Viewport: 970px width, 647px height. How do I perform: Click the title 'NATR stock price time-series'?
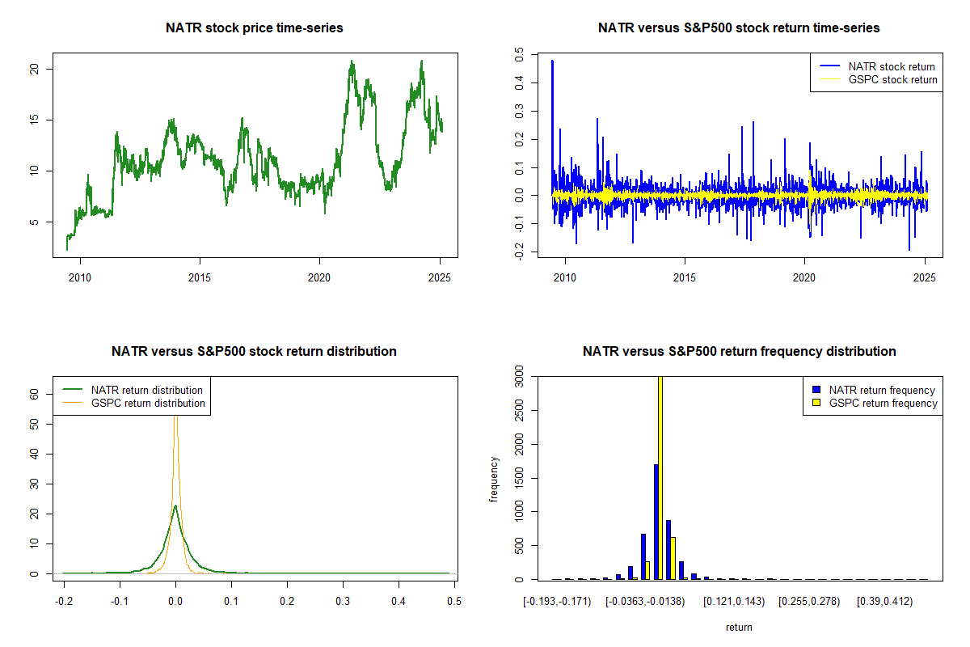click(x=254, y=28)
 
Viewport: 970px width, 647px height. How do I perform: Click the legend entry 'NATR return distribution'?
click(x=146, y=390)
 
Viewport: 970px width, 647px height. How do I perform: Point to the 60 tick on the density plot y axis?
click(x=35, y=394)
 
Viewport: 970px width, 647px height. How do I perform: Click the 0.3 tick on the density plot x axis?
click(x=343, y=602)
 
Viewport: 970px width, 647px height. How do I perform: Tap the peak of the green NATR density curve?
click(x=175, y=507)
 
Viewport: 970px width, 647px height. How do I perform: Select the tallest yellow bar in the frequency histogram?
click(x=660, y=477)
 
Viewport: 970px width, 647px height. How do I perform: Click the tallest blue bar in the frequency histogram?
click(x=656, y=522)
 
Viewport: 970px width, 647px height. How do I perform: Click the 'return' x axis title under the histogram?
click(x=739, y=627)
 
